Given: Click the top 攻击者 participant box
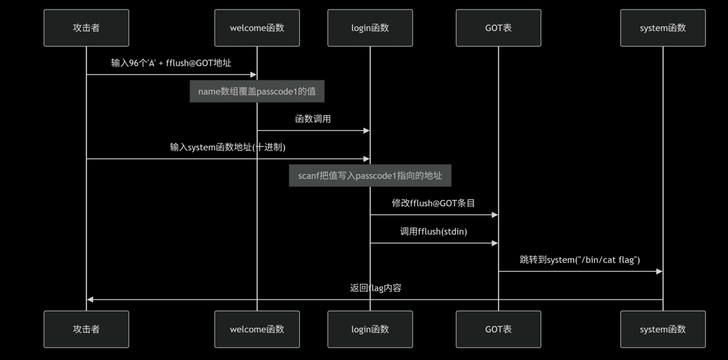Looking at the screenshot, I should [x=86, y=28].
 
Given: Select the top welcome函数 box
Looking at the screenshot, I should [x=257, y=28].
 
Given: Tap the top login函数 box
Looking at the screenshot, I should [x=370, y=28].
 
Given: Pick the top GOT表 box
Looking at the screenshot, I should [x=498, y=28].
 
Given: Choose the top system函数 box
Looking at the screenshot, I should [x=663, y=28].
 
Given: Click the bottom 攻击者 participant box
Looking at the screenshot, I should [x=86, y=329].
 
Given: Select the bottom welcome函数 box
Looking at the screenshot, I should [x=257, y=329].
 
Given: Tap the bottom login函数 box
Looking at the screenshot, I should [x=370, y=329].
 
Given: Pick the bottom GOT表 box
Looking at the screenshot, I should [x=498, y=329].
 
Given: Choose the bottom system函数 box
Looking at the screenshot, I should [x=663, y=329].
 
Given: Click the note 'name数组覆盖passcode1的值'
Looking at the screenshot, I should [x=257, y=91].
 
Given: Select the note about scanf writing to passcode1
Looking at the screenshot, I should [x=370, y=176].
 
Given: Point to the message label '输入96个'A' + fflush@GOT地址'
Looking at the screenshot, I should [x=171, y=63].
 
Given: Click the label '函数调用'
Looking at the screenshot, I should [x=313, y=119].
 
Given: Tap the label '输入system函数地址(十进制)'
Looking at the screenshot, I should [x=228, y=147].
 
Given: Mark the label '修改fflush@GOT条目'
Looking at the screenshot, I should [x=433, y=203].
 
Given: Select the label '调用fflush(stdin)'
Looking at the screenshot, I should [x=433, y=231].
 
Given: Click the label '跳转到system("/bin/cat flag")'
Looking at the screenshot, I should [x=580, y=260].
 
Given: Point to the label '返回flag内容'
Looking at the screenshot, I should [x=375, y=288].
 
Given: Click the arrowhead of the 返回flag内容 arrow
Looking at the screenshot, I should [x=90, y=300].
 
